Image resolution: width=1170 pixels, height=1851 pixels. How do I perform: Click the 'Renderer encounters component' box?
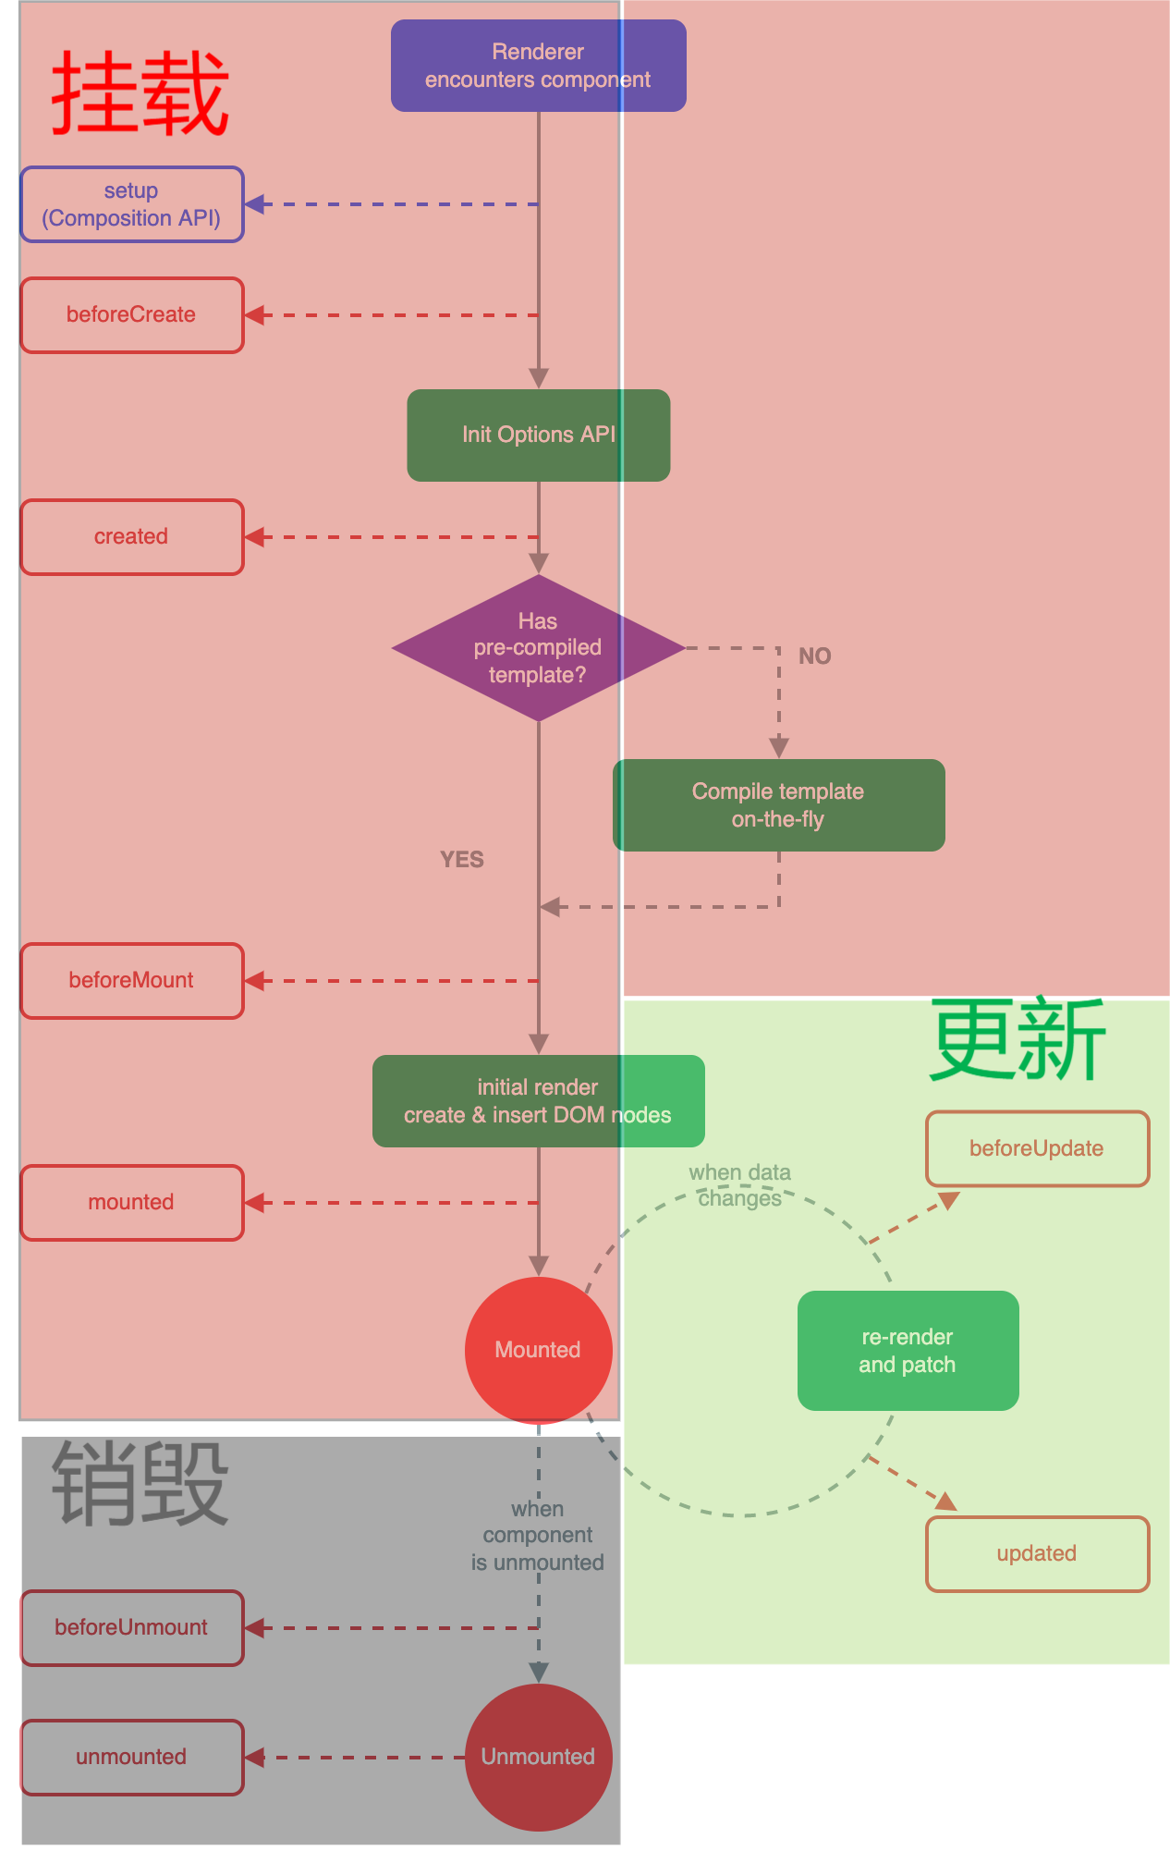pyautogui.click(x=538, y=66)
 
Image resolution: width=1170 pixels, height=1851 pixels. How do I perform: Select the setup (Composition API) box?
pyautogui.click(x=132, y=204)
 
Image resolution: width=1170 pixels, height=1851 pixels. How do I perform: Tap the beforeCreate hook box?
pyautogui.click(x=132, y=315)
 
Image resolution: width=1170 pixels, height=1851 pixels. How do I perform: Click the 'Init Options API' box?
pyautogui.click(x=538, y=435)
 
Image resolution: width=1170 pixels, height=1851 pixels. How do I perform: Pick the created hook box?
pyautogui.click(x=132, y=537)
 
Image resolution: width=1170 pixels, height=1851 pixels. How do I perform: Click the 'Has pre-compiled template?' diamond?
pyautogui.click(x=538, y=648)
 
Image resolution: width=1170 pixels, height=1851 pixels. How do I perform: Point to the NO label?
pyautogui.click(x=814, y=656)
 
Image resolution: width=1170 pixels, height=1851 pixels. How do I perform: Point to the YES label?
pyautogui.click(x=461, y=860)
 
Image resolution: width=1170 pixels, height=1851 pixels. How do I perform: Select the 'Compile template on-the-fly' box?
pyautogui.click(x=778, y=805)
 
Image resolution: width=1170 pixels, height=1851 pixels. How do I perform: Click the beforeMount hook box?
pyautogui.click(x=132, y=981)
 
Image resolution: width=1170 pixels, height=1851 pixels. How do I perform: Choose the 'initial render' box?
pyautogui.click(x=538, y=1101)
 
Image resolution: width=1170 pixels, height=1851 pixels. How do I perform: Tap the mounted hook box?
pyautogui.click(x=132, y=1203)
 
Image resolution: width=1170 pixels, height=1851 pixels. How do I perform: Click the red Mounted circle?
pyautogui.click(x=538, y=1350)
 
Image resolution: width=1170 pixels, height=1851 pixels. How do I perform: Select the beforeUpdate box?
pyautogui.click(x=1037, y=1149)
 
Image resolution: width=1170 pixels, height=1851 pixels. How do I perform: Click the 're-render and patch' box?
pyautogui.click(x=908, y=1351)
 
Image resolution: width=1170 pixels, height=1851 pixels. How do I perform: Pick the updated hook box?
pyautogui.click(x=1037, y=1554)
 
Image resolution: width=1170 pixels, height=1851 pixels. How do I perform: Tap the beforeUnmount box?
pyautogui.click(x=132, y=1628)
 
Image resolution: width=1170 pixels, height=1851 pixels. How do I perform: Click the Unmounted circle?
pyautogui.click(x=538, y=1757)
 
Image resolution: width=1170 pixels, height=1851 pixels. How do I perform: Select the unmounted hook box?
pyautogui.click(x=132, y=1758)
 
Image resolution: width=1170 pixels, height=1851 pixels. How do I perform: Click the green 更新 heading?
pyautogui.click(x=1017, y=1041)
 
